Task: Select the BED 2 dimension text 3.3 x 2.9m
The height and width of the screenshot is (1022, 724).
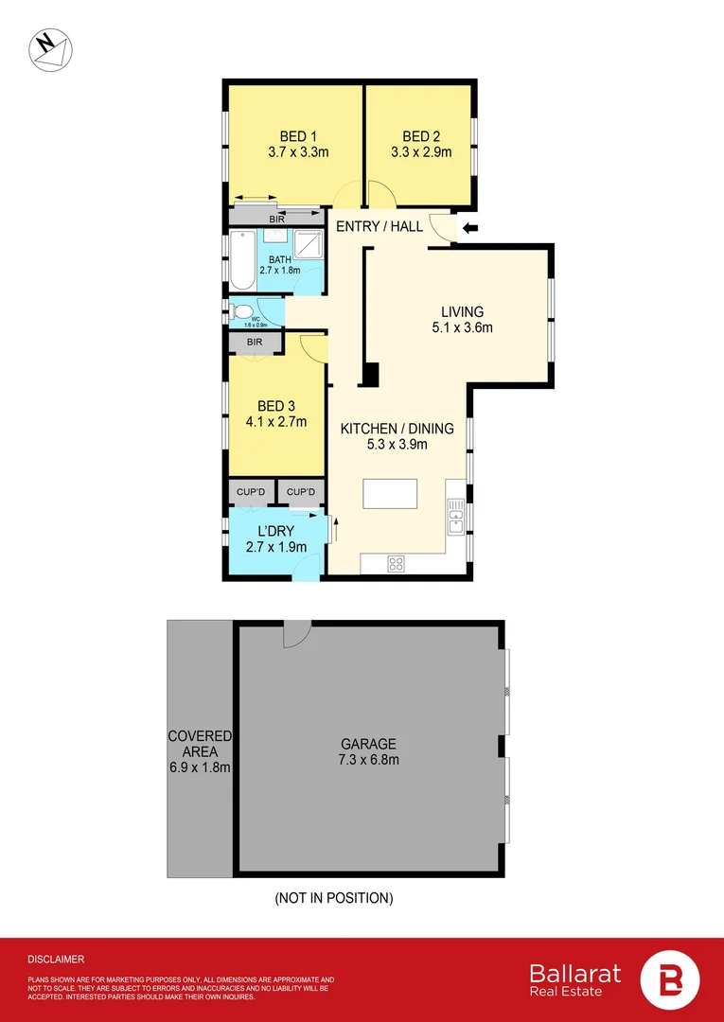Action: pos(421,151)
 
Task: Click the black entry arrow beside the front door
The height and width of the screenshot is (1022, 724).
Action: pos(469,228)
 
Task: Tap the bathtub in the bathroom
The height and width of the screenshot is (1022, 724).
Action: pos(242,261)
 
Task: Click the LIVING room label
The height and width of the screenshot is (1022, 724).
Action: pos(462,311)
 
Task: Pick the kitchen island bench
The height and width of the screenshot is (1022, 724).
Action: pos(392,495)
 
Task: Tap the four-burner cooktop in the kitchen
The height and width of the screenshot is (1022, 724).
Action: pos(397,564)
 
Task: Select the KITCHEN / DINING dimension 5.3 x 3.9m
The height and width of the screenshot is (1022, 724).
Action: pos(384,444)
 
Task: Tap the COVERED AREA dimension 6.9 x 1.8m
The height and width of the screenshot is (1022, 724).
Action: pos(200,767)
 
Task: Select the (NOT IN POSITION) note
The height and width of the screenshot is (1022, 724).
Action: pos(334,897)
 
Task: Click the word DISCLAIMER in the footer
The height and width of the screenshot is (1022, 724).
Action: pos(56,959)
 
